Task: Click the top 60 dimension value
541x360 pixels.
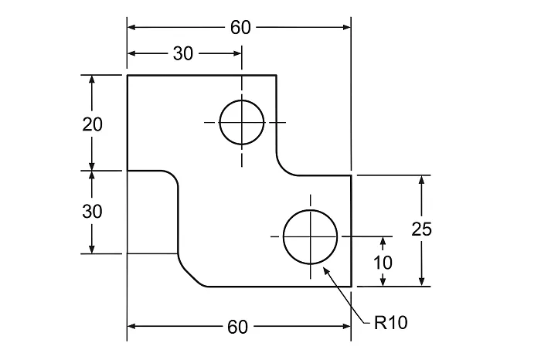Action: pyautogui.click(x=240, y=28)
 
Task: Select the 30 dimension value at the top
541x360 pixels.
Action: pyautogui.click(x=183, y=53)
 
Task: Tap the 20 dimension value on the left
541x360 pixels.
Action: pyautogui.click(x=93, y=124)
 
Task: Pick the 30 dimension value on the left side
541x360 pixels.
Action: pyautogui.click(x=93, y=212)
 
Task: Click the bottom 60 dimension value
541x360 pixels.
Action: pyautogui.click(x=238, y=327)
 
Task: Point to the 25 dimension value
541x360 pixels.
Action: pyautogui.click(x=421, y=229)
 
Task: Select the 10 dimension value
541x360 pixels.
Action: pyautogui.click(x=383, y=262)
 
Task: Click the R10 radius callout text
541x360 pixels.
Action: pyautogui.click(x=390, y=323)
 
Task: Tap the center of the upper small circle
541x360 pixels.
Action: pyautogui.click(x=242, y=122)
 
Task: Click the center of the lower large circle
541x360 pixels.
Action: pyautogui.click(x=311, y=236)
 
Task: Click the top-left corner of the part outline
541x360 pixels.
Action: pyautogui.click(x=128, y=76)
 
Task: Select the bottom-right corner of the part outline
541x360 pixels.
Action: pyautogui.click(x=352, y=286)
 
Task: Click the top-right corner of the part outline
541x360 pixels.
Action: pyautogui.click(x=277, y=76)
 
